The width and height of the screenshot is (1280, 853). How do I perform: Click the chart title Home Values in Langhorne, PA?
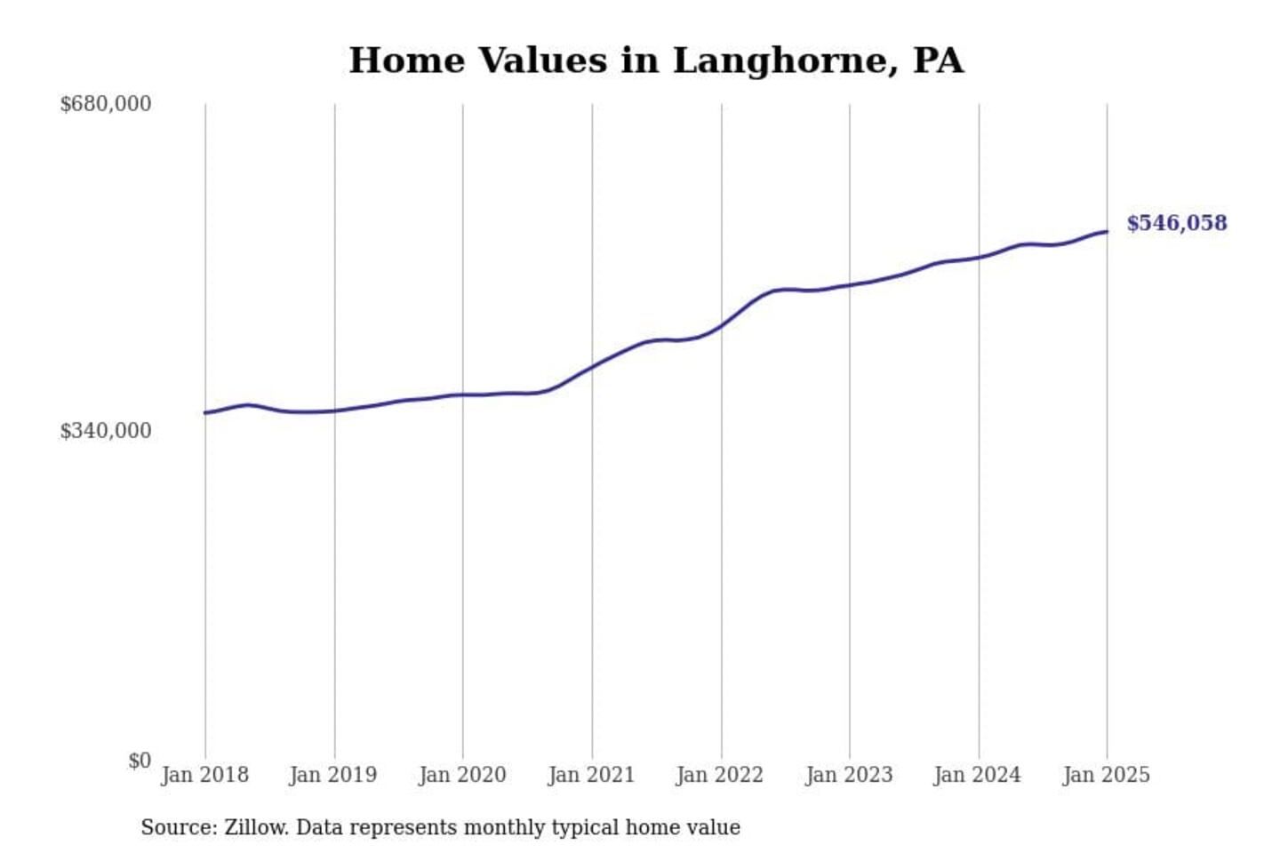point(656,60)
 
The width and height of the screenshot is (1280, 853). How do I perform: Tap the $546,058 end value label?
point(1176,223)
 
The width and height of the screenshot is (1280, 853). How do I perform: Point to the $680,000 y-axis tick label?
point(105,104)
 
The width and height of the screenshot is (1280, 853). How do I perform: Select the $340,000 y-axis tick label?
point(105,431)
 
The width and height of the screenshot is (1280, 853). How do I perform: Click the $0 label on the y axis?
point(140,761)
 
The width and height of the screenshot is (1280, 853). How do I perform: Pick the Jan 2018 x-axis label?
point(204,775)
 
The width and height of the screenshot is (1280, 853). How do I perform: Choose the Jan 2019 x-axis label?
point(333,775)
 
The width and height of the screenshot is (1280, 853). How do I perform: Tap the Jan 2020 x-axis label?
point(462,775)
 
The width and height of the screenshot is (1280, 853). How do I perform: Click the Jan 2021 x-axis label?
point(591,775)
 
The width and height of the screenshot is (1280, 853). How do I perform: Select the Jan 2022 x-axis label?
point(720,775)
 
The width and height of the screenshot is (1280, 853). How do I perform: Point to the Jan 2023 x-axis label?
point(849,775)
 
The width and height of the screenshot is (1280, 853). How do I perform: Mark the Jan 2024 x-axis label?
point(978,775)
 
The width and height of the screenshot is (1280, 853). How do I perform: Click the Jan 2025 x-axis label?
point(1107,775)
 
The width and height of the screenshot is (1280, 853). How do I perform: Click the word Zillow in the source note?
point(256,827)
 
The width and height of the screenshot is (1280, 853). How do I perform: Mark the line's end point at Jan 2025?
point(1107,232)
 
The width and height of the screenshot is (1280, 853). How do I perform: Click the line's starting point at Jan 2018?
point(205,412)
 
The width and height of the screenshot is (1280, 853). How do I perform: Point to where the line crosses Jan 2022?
point(721,325)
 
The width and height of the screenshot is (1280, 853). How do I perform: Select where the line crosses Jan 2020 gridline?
point(462,395)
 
